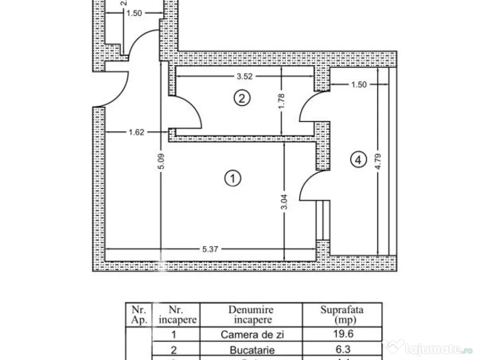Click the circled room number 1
(233, 178)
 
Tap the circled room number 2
(242, 98)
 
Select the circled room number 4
(358, 160)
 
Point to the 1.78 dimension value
(281, 101)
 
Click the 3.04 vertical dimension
(285, 205)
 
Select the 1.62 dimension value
(136, 133)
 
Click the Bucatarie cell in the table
(252, 350)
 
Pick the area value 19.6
(342, 334)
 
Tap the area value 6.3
(342, 350)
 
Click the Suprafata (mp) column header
(342, 315)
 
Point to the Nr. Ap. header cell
(139, 315)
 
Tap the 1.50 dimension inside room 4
(359, 85)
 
